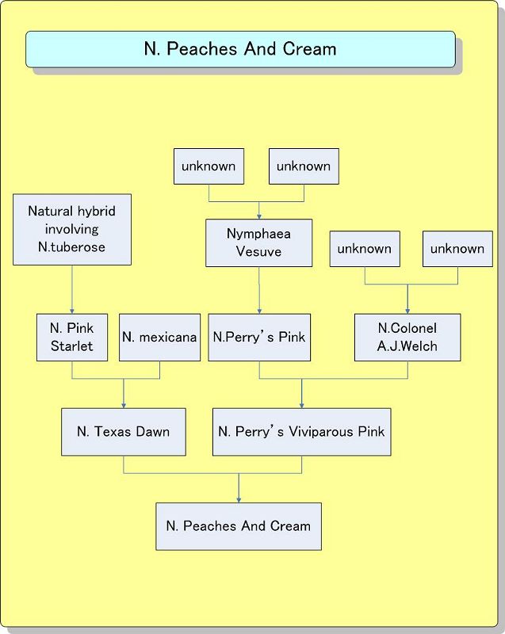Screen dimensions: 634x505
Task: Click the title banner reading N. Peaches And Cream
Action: (240, 49)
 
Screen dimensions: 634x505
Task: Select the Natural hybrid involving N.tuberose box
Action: (72, 229)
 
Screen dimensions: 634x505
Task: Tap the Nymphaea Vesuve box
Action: (258, 243)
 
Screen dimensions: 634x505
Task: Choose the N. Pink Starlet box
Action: (72, 338)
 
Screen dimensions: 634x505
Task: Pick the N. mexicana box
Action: (159, 338)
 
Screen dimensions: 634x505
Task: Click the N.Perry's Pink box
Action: (258, 338)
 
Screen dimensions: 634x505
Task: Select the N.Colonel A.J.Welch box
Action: (407, 338)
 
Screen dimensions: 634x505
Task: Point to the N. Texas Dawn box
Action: (124, 432)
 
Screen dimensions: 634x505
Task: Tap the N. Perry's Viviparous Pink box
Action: (301, 432)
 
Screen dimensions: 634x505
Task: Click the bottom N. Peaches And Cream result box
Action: (239, 526)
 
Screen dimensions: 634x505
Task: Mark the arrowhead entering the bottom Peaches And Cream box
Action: (239, 499)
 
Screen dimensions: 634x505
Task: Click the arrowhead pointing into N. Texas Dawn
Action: (124, 405)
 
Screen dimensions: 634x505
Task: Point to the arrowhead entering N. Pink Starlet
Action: (72, 311)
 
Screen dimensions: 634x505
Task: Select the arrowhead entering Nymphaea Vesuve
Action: (258, 216)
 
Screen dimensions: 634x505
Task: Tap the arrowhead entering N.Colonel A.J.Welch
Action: (407, 311)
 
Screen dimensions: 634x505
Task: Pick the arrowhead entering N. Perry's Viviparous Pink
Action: (301, 405)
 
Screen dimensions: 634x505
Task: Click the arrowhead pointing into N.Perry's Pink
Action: (258, 311)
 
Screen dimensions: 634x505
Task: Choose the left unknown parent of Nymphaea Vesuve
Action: (209, 166)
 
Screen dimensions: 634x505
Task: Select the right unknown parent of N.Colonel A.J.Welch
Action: (457, 249)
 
